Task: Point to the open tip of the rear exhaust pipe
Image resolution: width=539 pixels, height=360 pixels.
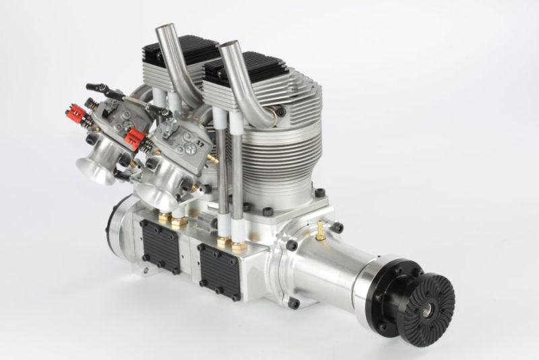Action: pos(164,30)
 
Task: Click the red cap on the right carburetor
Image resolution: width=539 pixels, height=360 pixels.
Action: pos(135,140)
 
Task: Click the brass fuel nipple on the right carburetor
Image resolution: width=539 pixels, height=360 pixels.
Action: pos(213,158)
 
